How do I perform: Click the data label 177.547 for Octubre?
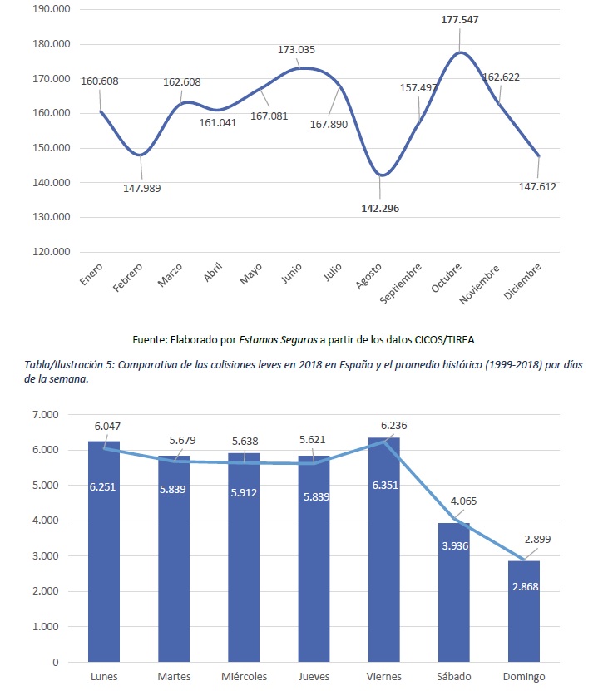tap(460, 19)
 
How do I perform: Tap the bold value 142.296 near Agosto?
tap(376, 208)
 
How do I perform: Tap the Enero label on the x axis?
tap(91, 276)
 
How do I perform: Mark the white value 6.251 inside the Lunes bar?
tap(103, 485)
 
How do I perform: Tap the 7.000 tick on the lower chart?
tap(46, 414)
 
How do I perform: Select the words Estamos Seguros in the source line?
tap(279, 339)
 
